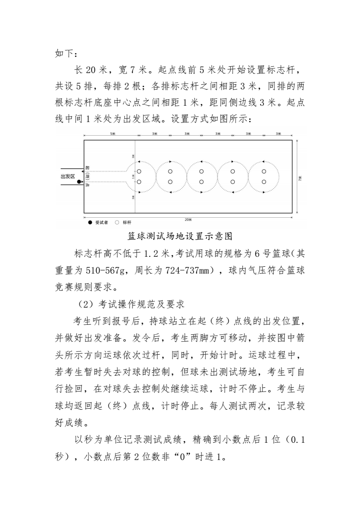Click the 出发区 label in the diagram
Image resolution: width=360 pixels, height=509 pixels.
click(x=68, y=176)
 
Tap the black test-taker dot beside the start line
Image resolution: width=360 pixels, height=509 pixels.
click(x=79, y=182)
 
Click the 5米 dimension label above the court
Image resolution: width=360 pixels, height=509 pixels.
click(x=112, y=134)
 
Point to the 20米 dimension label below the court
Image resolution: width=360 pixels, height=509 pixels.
click(x=188, y=219)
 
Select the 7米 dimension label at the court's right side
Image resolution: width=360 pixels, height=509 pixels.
click(x=300, y=179)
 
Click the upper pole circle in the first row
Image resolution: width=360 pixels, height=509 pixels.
click(x=139, y=171)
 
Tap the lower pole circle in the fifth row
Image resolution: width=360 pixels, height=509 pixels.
click(x=264, y=182)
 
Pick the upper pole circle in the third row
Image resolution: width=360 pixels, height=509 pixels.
click(x=201, y=171)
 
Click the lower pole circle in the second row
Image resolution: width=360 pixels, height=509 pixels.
click(x=170, y=182)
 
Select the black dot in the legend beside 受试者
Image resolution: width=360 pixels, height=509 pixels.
click(x=90, y=223)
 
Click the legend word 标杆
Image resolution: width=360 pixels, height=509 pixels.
click(x=127, y=223)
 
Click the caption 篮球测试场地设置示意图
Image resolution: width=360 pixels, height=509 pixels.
click(x=180, y=236)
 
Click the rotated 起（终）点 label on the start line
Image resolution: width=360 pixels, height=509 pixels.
click(x=87, y=176)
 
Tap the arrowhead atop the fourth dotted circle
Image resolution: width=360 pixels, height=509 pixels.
click(x=232, y=162)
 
